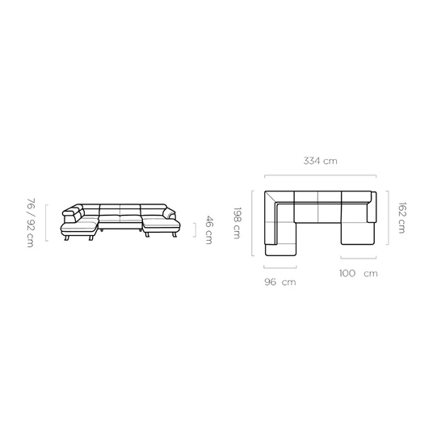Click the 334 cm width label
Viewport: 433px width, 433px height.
point(321,161)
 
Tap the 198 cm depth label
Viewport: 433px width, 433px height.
point(237,223)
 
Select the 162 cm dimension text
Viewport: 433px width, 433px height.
point(402,218)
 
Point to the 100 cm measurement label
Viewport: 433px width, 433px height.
point(359,273)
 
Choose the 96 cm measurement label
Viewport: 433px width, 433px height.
point(280,282)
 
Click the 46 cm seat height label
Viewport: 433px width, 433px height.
point(209,230)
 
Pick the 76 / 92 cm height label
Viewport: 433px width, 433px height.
point(31,223)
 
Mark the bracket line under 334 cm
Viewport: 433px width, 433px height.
point(321,175)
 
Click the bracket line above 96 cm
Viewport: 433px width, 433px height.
point(280,267)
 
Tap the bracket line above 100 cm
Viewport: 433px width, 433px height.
point(359,259)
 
